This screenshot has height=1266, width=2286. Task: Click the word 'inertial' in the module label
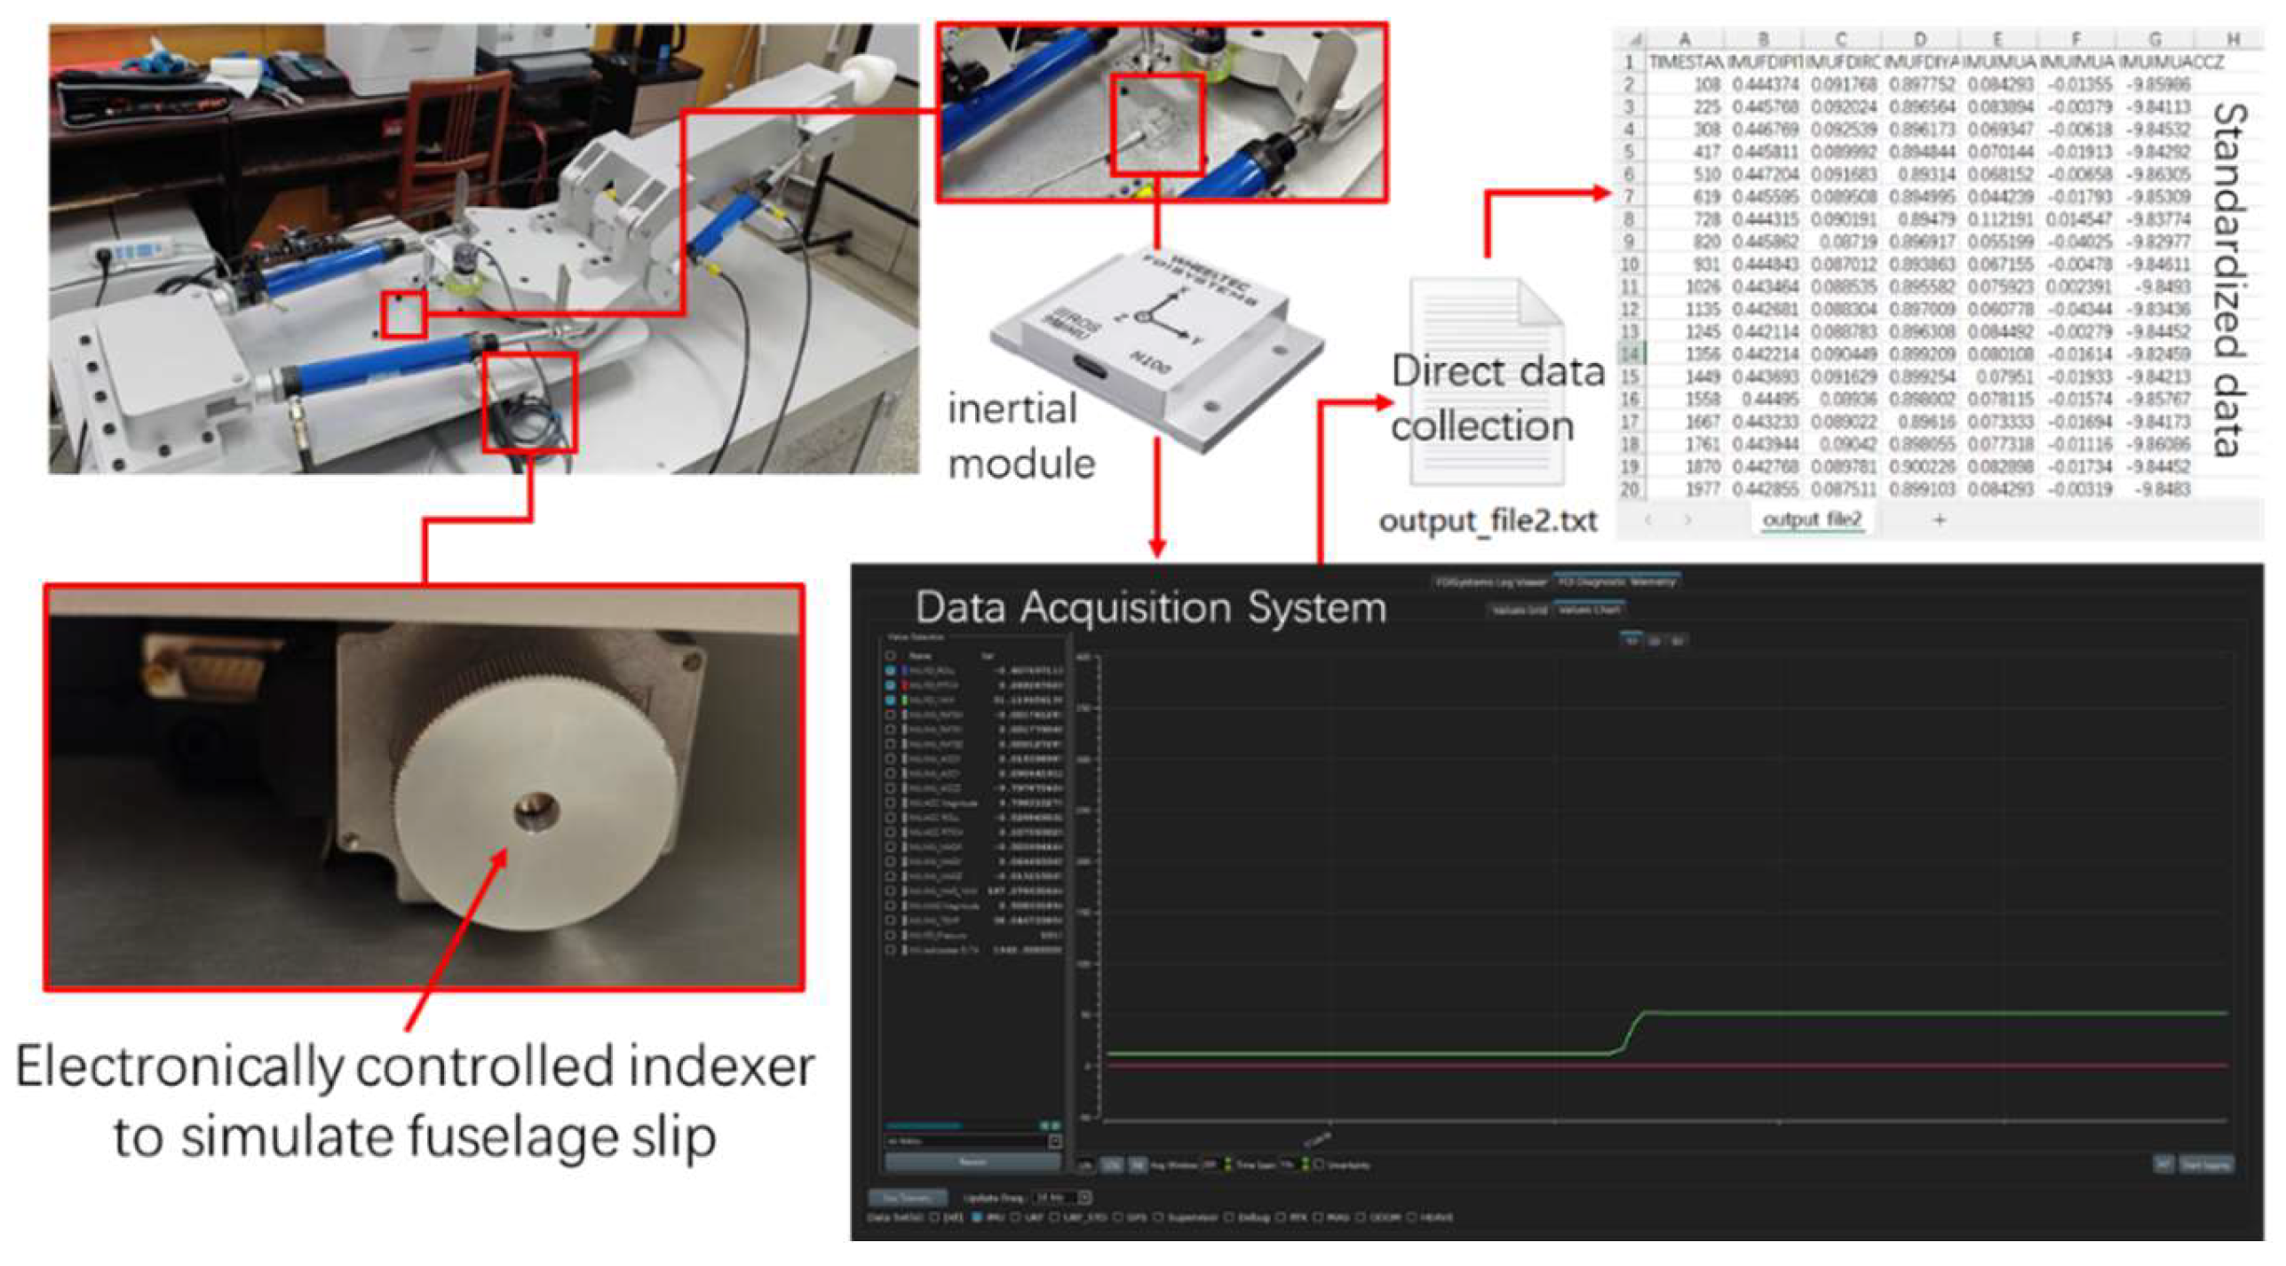click(1012, 409)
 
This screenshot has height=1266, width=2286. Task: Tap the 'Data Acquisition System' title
click(1150, 608)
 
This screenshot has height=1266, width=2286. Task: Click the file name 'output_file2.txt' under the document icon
click(1488, 520)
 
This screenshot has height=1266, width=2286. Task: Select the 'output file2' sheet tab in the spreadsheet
click(1812, 519)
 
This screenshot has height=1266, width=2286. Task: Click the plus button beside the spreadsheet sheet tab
click(1939, 519)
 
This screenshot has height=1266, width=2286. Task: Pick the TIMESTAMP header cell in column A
click(1684, 62)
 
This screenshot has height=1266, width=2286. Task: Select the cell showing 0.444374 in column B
click(1765, 84)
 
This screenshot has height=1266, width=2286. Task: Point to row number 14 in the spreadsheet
click(1629, 353)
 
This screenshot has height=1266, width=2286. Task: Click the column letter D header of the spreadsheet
click(1919, 39)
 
